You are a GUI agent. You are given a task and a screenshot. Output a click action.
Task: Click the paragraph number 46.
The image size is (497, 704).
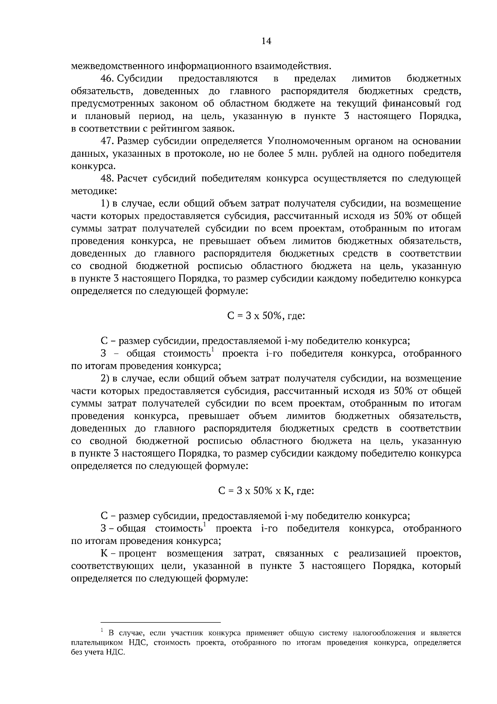point(107,79)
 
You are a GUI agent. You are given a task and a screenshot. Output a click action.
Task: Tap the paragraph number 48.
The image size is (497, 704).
point(107,179)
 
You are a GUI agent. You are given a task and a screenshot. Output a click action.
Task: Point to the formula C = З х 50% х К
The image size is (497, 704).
point(266,491)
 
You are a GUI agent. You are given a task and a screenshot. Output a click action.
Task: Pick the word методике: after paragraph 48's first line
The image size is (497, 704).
point(94,191)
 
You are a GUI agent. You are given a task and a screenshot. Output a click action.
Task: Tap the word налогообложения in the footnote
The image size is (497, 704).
point(384,633)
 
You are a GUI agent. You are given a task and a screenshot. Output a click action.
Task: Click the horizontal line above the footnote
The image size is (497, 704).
point(161,622)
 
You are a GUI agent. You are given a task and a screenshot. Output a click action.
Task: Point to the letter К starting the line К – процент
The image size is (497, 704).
point(104,554)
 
